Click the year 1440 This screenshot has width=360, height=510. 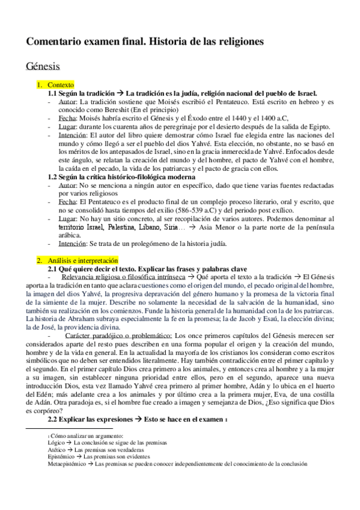point(231,119)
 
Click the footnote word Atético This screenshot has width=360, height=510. point(56,449)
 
